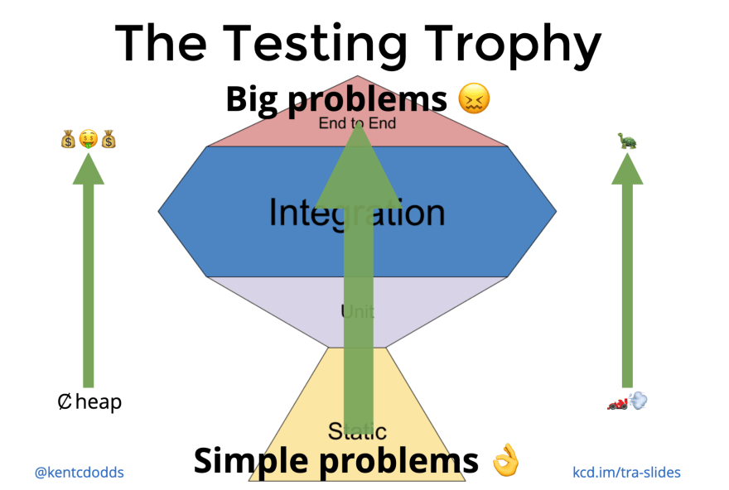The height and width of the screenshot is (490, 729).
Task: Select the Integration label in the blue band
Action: coord(357,213)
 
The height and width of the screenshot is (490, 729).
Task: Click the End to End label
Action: coord(357,123)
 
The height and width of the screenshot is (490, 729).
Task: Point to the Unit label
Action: coord(357,312)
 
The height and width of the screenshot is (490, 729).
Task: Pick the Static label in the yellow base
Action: coord(357,430)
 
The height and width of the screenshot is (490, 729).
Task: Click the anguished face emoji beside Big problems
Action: coord(475,100)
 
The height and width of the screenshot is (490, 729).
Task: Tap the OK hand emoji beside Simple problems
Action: coord(505,460)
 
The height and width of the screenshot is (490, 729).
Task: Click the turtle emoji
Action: coord(626,141)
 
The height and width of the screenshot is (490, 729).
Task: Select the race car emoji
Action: coord(618,403)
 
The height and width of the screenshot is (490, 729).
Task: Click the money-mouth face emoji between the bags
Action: coord(88,139)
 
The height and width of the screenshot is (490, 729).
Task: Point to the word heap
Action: coord(99,403)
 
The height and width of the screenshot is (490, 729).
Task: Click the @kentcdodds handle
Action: coord(80,473)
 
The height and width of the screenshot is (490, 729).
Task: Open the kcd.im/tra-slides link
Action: coord(627,473)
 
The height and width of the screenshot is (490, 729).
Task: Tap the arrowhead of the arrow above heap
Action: coord(89,169)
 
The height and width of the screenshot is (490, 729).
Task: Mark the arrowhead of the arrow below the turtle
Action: coord(627,169)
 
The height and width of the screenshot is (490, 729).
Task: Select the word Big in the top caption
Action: coord(251,100)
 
